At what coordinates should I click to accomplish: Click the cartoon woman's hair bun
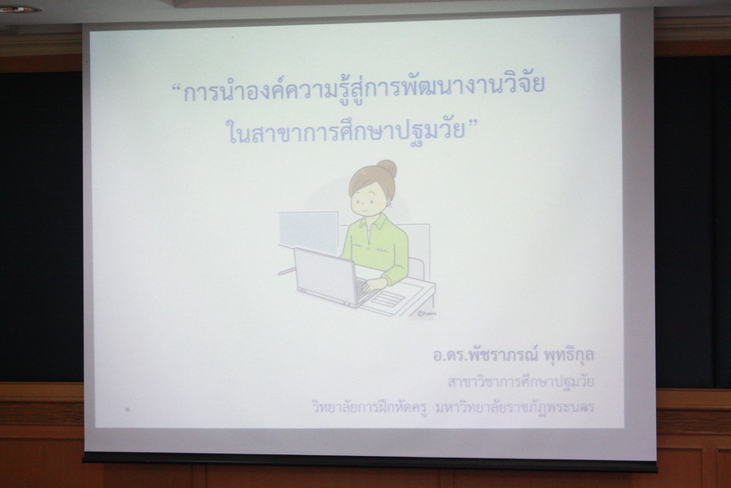(387, 169)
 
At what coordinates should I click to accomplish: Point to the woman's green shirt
(378, 247)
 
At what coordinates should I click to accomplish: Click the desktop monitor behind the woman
(308, 232)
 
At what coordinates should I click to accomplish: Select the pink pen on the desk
(286, 271)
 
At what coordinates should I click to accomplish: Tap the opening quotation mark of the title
(177, 87)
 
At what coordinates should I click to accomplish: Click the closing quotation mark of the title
(473, 123)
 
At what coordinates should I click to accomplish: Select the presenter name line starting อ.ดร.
(513, 355)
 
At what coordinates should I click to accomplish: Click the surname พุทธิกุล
(569, 355)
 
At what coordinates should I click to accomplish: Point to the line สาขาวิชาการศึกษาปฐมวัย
(521, 382)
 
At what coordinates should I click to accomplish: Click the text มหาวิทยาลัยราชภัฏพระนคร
(514, 408)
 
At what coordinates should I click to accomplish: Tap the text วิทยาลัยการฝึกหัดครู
(369, 408)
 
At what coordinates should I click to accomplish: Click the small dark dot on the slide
(127, 409)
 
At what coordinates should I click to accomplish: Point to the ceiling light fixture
(20, 9)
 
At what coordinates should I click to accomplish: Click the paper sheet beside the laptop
(389, 299)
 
